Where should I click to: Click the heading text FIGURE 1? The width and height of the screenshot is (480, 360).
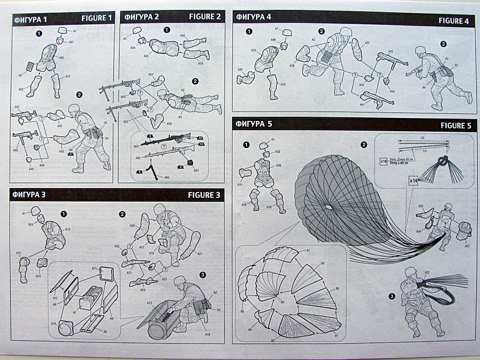[x=97, y=18]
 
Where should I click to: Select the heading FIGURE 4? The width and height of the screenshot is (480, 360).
[x=453, y=21]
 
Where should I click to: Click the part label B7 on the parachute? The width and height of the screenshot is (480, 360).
[x=308, y=252]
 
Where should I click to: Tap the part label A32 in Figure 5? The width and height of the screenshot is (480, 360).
[x=427, y=273]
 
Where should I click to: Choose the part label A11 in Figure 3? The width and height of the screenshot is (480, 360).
[x=94, y=269]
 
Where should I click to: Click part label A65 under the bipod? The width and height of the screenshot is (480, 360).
[x=167, y=178]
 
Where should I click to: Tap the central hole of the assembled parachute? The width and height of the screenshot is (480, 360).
[x=329, y=206]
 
